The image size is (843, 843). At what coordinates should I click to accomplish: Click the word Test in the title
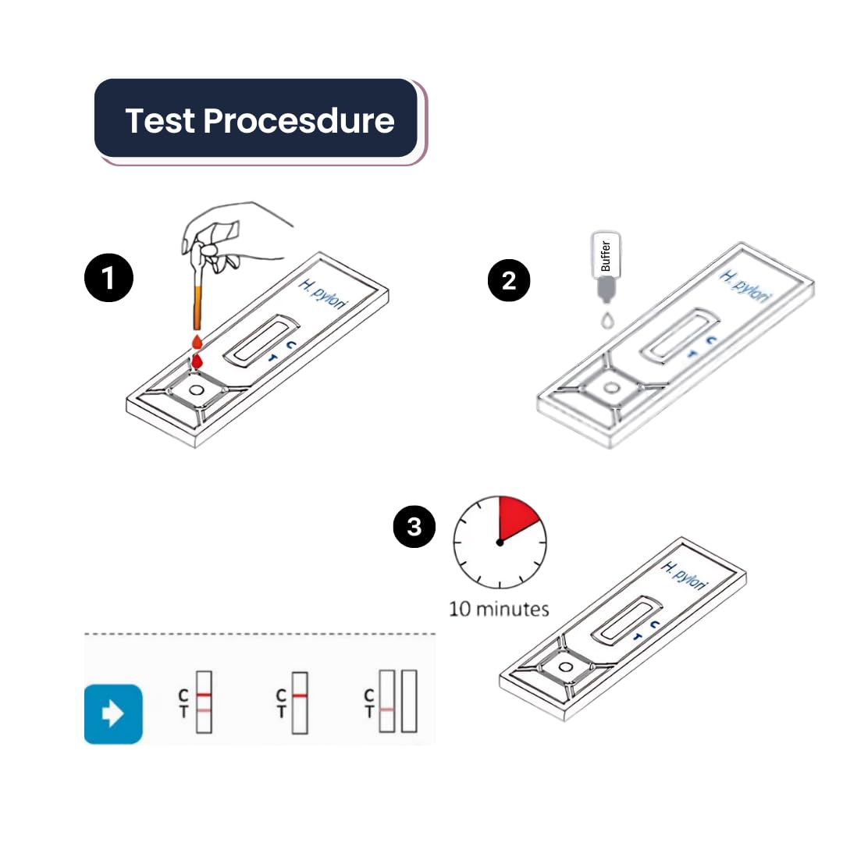pyautogui.click(x=160, y=120)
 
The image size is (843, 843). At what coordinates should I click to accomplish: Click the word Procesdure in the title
pyautogui.click(x=299, y=120)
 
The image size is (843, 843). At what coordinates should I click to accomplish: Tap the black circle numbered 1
pyautogui.click(x=108, y=278)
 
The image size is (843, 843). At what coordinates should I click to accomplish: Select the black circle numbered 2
pyautogui.click(x=509, y=280)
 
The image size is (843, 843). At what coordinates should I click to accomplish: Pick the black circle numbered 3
pyautogui.click(x=414, y=526)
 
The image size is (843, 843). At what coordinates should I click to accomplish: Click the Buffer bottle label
pyautogui.click(x=606, y=255)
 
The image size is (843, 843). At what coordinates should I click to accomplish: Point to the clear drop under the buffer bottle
pyautogui.click(x=607, y=321)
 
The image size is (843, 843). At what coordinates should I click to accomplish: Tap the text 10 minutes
pyautogui.click(x=499, y=609)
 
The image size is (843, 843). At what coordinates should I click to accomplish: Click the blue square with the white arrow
pyautogui.click(x=113, y=714)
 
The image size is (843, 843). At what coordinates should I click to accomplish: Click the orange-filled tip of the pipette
pyautogui.click(x=197, y=308)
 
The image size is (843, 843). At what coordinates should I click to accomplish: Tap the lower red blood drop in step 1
pyautogui.click(x=197, y=362)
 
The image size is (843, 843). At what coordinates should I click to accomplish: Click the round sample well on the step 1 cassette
pyautogui.click(x=196, y=390)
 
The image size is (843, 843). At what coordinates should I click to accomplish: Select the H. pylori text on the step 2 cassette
pyautogui.click(x=746, y=287)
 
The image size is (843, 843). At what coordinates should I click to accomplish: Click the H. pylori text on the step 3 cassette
pyautogui.click(x=685, y=576)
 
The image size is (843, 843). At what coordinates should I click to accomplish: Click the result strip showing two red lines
pyautogui.click(x=204, y=702)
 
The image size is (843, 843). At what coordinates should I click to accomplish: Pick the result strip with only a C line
pyautogui.click(x=300, y=702)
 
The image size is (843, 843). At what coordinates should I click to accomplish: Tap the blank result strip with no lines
pyautogui.click(x=409, y=701)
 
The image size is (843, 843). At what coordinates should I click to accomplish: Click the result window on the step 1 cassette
pyautogui.click(x=261, y=340)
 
